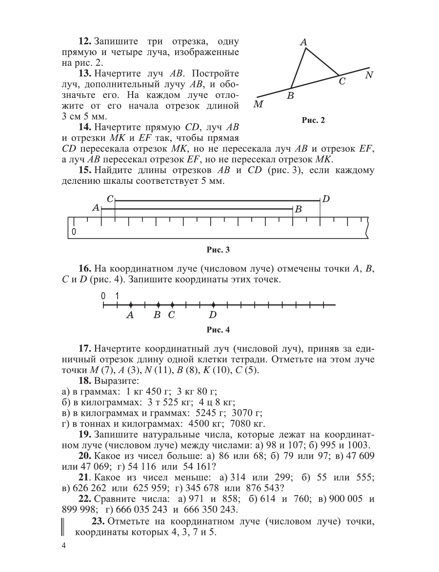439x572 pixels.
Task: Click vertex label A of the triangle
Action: point(303,42)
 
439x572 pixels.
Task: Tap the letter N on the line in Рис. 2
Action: point(369,75)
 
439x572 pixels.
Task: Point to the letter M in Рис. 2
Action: point(259,104)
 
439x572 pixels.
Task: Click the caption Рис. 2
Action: point(313,121)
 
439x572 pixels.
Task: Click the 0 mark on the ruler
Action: point(74,232)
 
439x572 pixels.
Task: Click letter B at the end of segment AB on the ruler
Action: point(299,209)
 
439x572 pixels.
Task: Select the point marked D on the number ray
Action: point(213,305)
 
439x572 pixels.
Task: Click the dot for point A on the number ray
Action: point(131,305)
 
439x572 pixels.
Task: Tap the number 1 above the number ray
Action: point(117,295)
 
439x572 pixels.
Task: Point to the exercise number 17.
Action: point(84,349)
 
